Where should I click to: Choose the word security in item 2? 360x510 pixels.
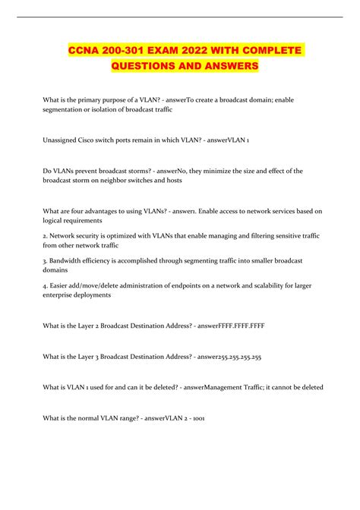(83, 235)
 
